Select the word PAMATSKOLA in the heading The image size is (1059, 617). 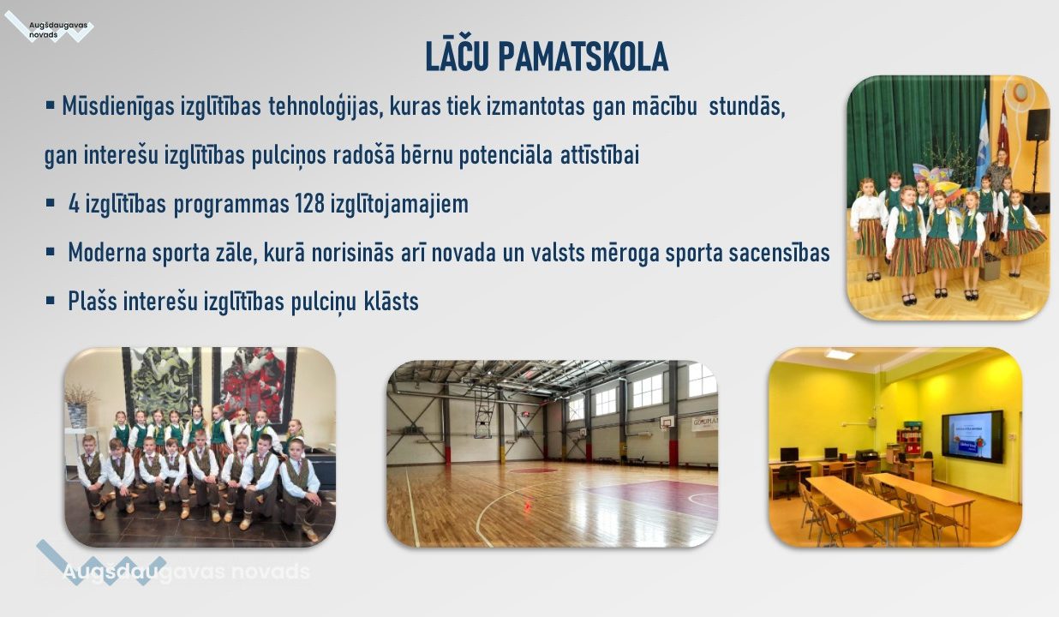(583, 57)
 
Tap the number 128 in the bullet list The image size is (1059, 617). (309, 204)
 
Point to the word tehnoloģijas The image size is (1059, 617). (326, 107)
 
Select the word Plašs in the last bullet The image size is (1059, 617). (93, 301)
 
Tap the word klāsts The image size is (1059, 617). (391, 301)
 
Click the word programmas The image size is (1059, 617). (231, 205)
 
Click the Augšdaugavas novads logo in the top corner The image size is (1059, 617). (49, 27)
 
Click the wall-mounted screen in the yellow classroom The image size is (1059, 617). (972, 436)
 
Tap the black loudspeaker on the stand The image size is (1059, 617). (1038, 124)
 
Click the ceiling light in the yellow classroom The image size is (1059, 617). (840, 354)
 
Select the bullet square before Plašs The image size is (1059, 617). (50, 300)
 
